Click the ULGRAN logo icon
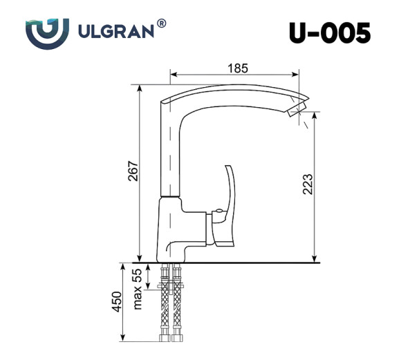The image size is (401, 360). coord(48,33)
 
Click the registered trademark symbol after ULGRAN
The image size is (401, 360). coord(162,24)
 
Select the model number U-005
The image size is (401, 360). coord(329,32)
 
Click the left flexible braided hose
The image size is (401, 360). coord(165,307)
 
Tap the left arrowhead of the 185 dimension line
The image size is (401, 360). coord(173,74)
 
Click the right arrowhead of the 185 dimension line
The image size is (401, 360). coord(297,74)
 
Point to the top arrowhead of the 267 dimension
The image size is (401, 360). coord(140,88)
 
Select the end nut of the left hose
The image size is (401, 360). coord(165,337)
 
